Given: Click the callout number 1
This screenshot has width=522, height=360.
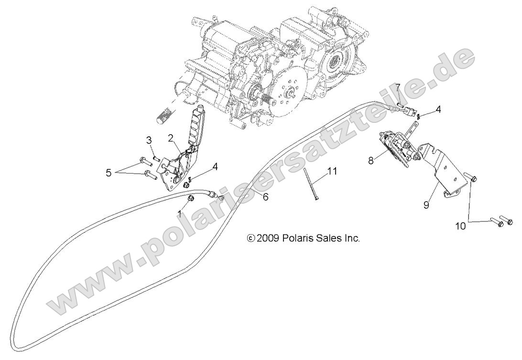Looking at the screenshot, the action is [x=180, y=212].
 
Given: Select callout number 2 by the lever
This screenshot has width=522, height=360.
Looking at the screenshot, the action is [x=170, y=139].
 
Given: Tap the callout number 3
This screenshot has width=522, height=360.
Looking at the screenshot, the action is [x=149, y=140].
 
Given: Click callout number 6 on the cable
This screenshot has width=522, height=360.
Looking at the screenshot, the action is [x=266, y=196].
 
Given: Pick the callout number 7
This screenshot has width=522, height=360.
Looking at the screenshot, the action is [x=397, y=88].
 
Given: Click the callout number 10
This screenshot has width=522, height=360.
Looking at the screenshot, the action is [x=460, y=226].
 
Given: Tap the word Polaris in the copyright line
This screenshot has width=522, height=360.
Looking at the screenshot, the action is [x=297, y=238].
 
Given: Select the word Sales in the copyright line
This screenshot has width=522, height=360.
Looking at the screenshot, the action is [x=329, y=238].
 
